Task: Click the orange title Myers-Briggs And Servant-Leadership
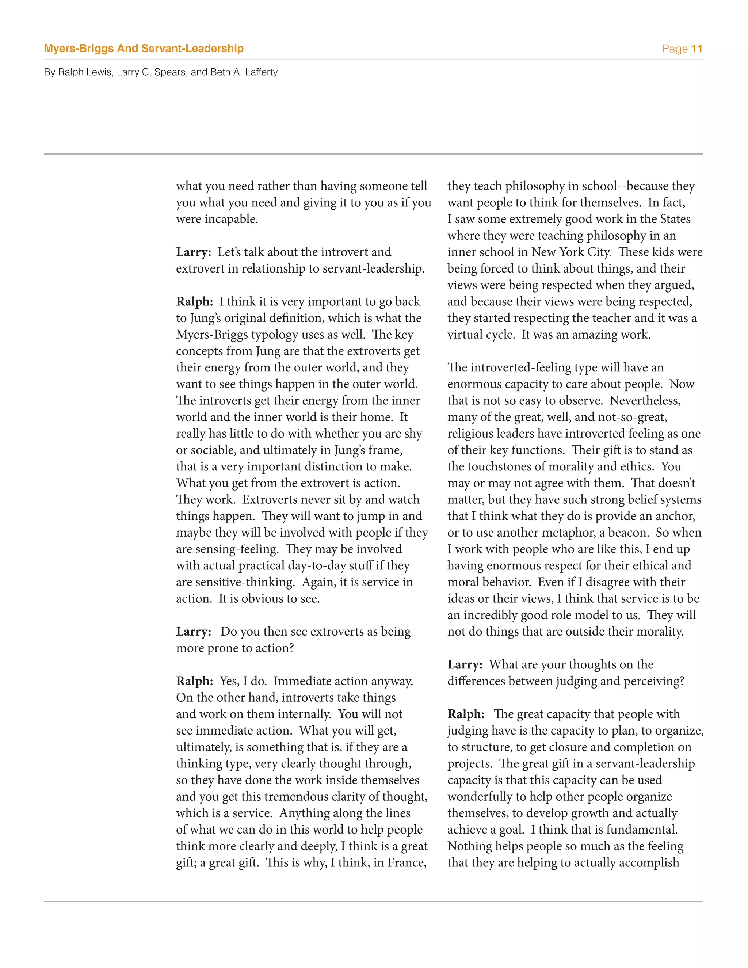pyautogui.click(x=144, y=48)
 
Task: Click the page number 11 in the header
pyautogui.click(x=697, y=49)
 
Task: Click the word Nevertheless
pyautogui.click(x=645, y=401)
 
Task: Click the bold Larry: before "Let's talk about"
pyautogui.click(x=194, y=252)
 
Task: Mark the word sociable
pyautogui.click(x=212, y=450)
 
